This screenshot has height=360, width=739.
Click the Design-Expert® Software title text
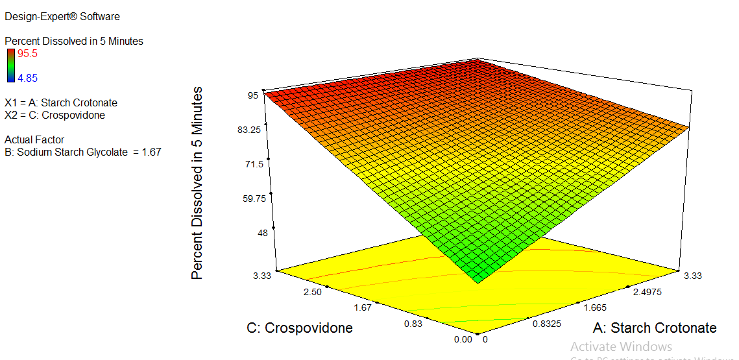coord(62,16)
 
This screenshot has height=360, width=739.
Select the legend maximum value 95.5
coord(28,53)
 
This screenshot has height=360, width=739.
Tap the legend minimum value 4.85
coord(27,78)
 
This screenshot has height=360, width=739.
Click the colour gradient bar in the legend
coord(10,65)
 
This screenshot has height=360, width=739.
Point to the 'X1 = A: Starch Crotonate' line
coord(61,102)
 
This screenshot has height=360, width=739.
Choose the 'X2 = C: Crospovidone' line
coord(55,115)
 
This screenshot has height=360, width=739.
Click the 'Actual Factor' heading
coord(34,139)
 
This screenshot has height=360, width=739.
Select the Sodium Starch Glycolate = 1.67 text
coord(82,152)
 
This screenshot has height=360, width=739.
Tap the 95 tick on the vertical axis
coord(252,95)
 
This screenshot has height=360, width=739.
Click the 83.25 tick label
coord(250,130)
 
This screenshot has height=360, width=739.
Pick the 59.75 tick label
coord(250,198)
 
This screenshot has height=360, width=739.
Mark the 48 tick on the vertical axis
coord(253,233)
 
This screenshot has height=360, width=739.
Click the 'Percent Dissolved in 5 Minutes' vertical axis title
coord(197,183)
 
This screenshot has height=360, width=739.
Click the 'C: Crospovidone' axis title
coord(300,328)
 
